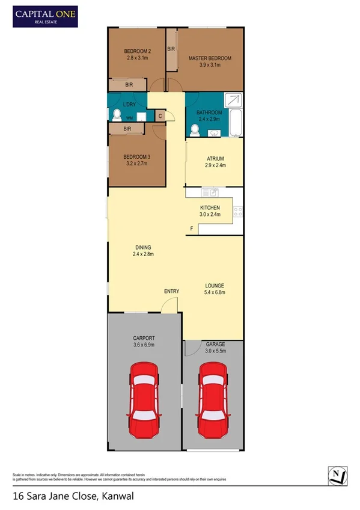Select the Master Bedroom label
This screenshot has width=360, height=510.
click(x=210, y=58)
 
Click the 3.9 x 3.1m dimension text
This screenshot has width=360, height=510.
click(x=210, y=65)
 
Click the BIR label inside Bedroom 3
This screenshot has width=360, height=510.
click(x=127, y=129)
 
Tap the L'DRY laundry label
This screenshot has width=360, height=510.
click(x=129, y=106)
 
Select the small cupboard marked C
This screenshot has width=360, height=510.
click(x=160, y=115)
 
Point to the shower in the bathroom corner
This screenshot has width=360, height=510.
click(x=234, y=100)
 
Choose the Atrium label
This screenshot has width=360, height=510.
click(x=215, y=158)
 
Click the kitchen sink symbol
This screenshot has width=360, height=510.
click(x=211, y=192)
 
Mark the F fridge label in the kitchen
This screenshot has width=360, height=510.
click(x=192, y=229)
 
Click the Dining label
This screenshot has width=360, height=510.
click(x=143, y=247)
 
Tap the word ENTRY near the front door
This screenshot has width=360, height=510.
click(x=171, y=292)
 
